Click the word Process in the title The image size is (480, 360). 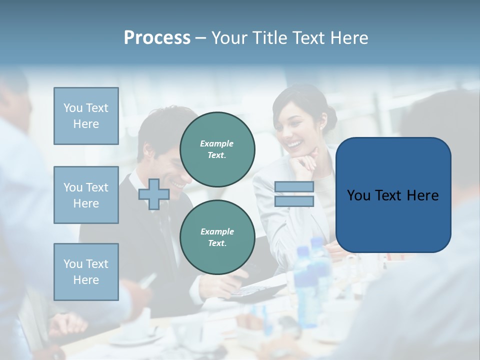point(157,38)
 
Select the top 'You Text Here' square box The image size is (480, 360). point(86,116)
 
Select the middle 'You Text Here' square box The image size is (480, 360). point(86,195)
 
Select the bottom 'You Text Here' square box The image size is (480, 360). point(86,272)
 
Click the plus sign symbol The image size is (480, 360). point(154,194)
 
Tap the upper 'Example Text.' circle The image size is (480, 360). point(217,149)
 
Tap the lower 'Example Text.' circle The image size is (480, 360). point(217,237)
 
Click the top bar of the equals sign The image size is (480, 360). point(294,186)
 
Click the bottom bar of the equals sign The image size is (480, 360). point(294,201)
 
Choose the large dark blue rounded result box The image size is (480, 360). point(393,195)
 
